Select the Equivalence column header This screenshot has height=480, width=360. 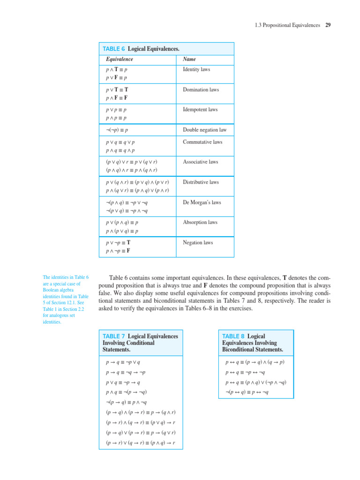(x=120, y=60)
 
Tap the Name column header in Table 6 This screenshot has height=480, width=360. (x=189, y=60)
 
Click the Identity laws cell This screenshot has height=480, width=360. (x=196, y=69)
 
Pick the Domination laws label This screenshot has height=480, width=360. (x=201, y=90)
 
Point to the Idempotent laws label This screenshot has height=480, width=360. (x=200, y=110)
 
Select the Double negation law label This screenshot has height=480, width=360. (x=204, y=130)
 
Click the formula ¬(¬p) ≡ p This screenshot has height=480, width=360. (x=118, y=130)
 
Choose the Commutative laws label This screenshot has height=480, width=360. (x=202, y=142)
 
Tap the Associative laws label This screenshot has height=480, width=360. (x=200, y=162)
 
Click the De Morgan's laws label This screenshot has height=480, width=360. (x=202, y=202)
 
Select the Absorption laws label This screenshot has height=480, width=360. (x=200, y=223)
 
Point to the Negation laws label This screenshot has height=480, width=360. (x=198, y=243)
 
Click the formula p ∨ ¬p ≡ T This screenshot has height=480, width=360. (x=118, y=243)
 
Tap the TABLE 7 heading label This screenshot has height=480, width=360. (x=114, y=337)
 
